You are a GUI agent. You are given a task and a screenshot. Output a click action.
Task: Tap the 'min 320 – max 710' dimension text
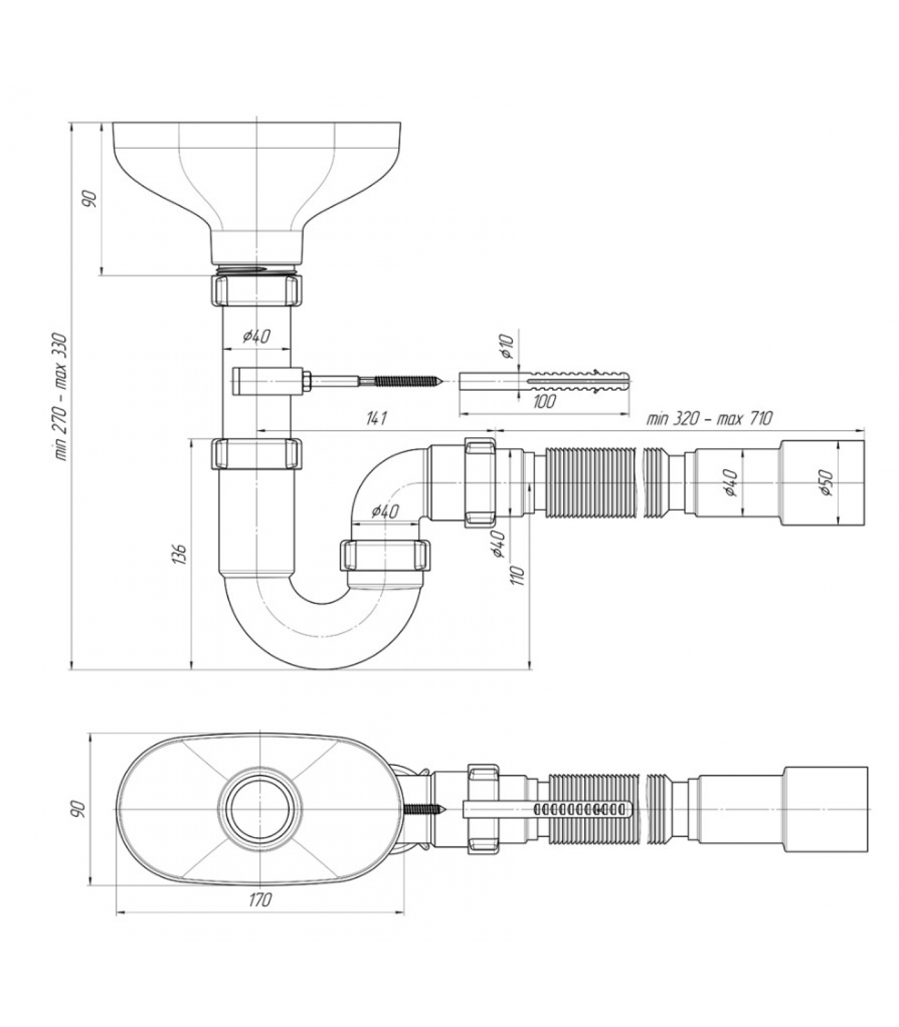pyautogui.click(x=709, y=419)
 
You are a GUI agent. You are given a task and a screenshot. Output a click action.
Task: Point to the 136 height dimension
pyautogui.click(x=180, y=553)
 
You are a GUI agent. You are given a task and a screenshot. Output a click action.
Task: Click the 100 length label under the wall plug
pyautogui.click(x=543, y=402)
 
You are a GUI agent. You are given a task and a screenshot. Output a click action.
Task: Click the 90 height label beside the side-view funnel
pyautogui.click(x=91, y=198)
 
